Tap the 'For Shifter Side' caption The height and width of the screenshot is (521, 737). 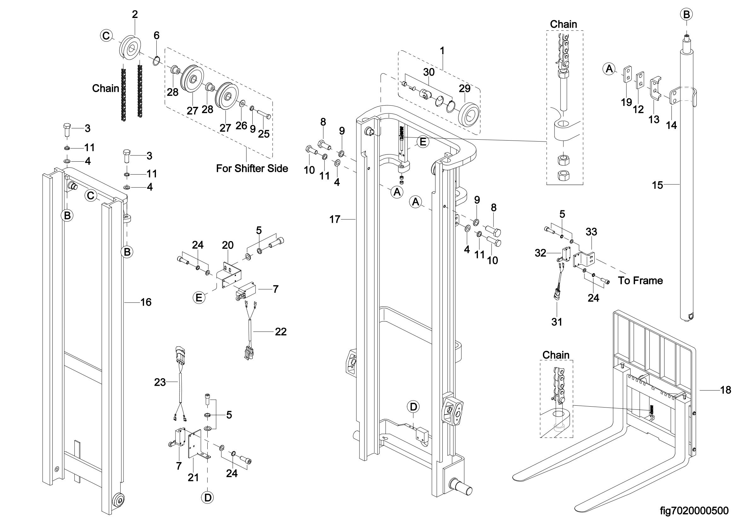pos(252,168)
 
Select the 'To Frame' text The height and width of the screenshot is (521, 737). pos(640,281)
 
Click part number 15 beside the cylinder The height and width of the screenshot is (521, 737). pos(657,185)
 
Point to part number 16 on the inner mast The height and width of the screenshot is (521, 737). pos(146,302)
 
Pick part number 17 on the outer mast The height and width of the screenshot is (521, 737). pos(335,220)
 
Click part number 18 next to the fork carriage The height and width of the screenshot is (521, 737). pos(726,390)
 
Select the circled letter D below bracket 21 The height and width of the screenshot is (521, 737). pos(208,498)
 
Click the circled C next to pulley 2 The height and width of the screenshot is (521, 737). pos(106,35)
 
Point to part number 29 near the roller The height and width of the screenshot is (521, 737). pos(464,89)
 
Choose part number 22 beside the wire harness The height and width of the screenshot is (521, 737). pos(280,332)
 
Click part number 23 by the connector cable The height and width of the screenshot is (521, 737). pos(160,382)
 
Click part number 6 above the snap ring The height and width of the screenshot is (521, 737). pos(156,35)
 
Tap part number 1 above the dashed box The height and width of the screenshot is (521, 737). pos(442,51)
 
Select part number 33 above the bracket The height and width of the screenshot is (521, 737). pos(591,232)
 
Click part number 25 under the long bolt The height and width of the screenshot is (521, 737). pos(264,134)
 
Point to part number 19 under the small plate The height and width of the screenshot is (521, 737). pos(626,102)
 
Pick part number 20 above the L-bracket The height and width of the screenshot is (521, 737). pos(228,245)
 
